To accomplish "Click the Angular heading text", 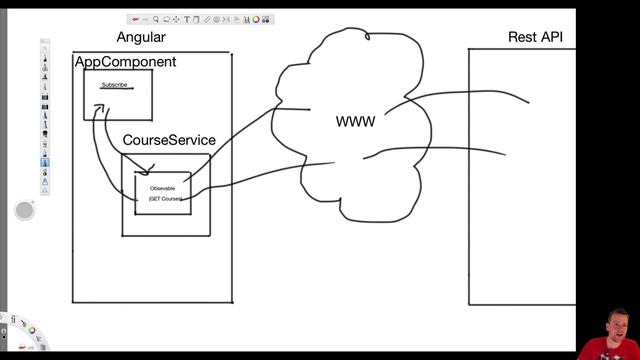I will click(141, 38).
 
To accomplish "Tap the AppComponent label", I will click(126, 62).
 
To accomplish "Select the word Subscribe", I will click(114, 85).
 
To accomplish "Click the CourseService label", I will click(169, 141).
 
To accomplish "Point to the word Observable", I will click(162, 188).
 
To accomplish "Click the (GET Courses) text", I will click(165, 199).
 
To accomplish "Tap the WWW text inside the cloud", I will click(355, 122).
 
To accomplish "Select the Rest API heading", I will click(535, 38).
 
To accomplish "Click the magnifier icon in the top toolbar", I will click(156, 19).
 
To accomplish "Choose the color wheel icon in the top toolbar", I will click(256, 19).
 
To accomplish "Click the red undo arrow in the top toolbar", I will click(135, 19).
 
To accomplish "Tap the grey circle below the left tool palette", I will click(25, 210).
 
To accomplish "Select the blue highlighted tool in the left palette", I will click(45, 161).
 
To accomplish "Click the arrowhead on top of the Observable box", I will click(148, 172).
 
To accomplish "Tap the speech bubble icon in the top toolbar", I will click(166, 19).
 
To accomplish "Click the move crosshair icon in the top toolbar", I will click(176, 19).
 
